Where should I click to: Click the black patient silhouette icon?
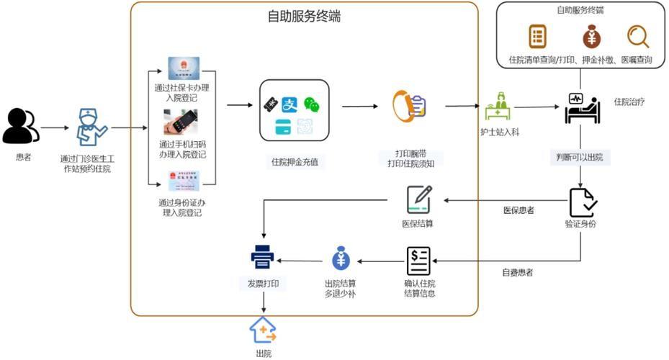pyautogui.click(x=21, y=127)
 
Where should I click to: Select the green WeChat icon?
pyautogui.click(x=311, y=105)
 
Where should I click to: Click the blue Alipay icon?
pyautogui.click(x=289, y=105)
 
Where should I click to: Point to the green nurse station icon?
pyautogui.click(x=498, y=107)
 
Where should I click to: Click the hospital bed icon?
pyautogui.click(x=582, y=108)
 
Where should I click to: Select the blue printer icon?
pyautogui.click(x=262, y=257)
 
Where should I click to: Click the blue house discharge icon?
pyautogui.click(x=263, y=330)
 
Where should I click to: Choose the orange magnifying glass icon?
pyautogui.click(x=637, y=36)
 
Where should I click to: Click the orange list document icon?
pyautogui.click(x=537, y=36)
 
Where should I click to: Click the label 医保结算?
pyautogui.click(x=418, y=223)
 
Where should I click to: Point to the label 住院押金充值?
pyautogui.click(x=294, y=162)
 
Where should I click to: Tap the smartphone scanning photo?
pyautogui.click(x=180, y=122)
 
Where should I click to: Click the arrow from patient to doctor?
pyautogui.click(x=55, y=128)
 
